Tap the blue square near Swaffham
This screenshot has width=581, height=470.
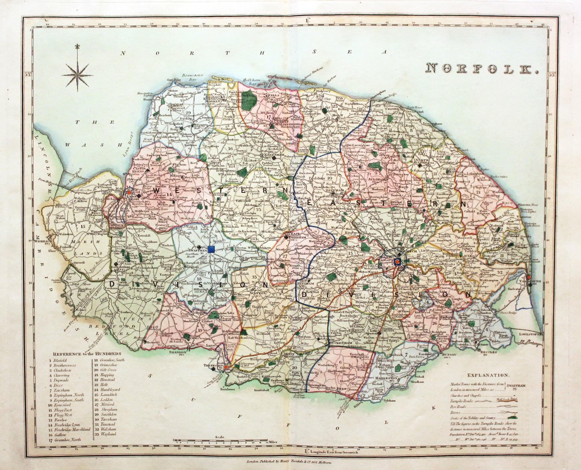pos(211,249)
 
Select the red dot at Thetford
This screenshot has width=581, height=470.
pos(226,367)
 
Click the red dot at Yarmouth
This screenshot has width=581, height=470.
pos(528,277)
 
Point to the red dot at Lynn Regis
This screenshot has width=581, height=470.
pos(129,192)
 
